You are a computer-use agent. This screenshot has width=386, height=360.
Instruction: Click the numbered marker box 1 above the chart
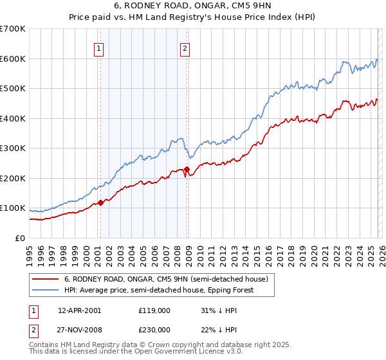click(x=100, y=48)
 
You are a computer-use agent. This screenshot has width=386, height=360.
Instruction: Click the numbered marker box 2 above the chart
click(x=185, y=48)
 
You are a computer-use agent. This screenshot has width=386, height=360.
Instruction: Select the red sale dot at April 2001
click(x=100, y=203)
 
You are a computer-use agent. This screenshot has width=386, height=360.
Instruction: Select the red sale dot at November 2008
click(x=187, y=170)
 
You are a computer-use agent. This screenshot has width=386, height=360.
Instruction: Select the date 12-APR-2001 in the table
click(x=79, y=310)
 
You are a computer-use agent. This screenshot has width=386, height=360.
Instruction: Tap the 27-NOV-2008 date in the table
click(x=79, y=329)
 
